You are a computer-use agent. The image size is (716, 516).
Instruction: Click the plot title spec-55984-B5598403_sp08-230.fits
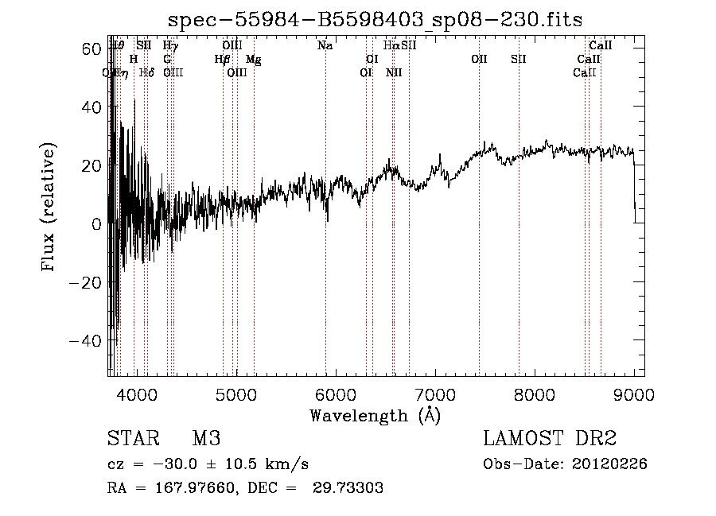376,20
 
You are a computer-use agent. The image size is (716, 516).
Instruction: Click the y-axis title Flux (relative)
49,208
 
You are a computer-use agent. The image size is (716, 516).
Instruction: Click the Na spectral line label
325,46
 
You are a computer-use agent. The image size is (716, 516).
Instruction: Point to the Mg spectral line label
253,60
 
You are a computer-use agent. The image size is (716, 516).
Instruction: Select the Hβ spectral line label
223,60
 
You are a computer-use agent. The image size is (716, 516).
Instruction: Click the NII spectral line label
394,73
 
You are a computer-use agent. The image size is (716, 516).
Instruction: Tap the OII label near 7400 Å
479,60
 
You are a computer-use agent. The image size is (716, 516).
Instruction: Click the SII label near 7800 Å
519,60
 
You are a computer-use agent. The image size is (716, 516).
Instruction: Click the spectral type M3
205,439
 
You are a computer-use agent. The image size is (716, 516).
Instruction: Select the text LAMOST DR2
549,439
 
